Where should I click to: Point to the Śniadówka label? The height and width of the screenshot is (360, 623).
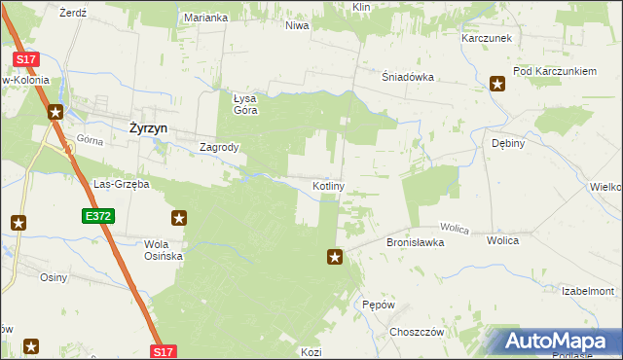click(407, 80)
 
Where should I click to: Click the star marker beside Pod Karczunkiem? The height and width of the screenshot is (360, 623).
click(497, 83)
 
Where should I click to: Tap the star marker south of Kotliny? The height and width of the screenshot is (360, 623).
click(335, 257)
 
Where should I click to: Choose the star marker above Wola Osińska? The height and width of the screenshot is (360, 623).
click(178, 218)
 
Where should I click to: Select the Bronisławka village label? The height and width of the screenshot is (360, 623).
click(416, 242)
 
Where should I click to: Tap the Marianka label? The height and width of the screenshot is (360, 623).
click(206, 18)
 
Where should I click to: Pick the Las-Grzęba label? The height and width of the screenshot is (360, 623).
click(121, 184)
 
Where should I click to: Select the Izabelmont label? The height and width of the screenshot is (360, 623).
click(588, 291)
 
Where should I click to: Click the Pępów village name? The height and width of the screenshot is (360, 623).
click(378, 305)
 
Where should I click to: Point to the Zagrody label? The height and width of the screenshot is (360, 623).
click(219, 148)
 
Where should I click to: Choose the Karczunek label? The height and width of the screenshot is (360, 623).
click(487, 38)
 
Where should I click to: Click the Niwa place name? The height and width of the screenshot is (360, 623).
click(297, 25)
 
